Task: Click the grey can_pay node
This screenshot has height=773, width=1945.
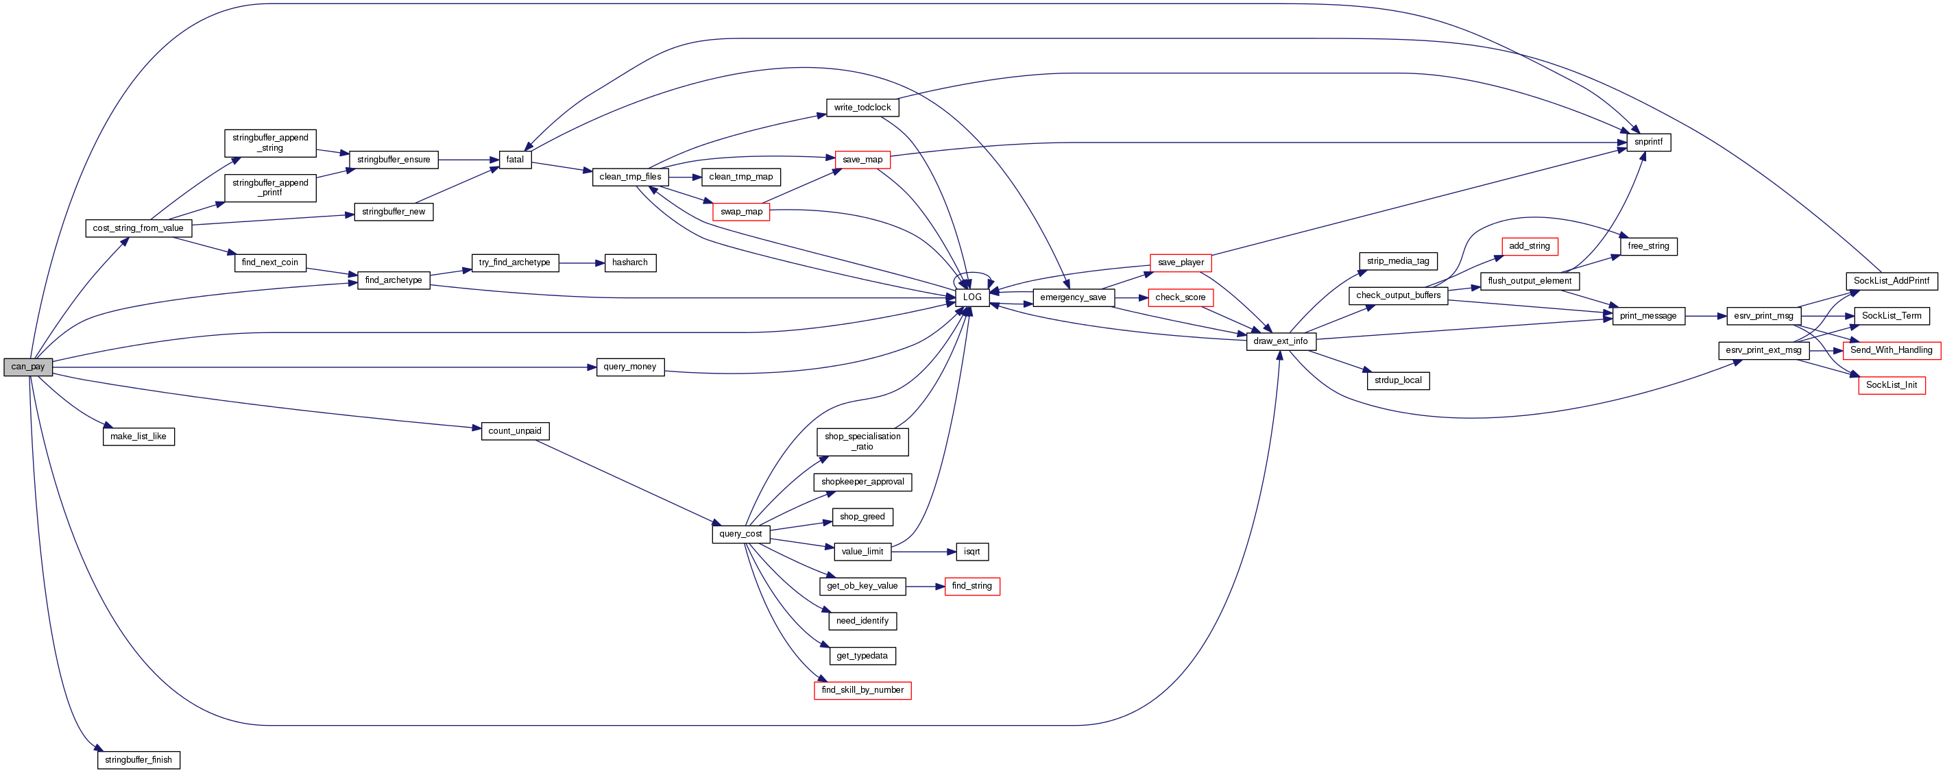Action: [x=28, y=367]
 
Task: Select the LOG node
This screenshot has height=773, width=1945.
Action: [x=971, y=297]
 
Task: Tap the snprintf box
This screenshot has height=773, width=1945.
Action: [x=1648, y=142]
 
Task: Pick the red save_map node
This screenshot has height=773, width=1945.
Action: [x=862, y=160]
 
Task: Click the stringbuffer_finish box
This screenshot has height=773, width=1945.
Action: [x=138, y=760]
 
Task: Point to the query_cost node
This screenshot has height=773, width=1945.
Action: [x=740, y=534]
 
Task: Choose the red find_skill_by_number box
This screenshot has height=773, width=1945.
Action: [x=862, y=690]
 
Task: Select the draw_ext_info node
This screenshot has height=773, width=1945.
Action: [x=1281, y=341]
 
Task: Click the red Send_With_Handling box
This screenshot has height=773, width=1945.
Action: [x=1891, y=350]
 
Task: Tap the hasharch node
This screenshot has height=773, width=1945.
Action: [x=630, y=262]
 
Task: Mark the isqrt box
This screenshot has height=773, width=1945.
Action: [x=971, y=552]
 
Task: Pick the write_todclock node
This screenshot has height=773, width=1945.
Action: [x=862, y=108]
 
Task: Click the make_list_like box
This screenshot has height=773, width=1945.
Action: [x=138, y=437]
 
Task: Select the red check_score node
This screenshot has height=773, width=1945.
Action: [x=1180, y=297]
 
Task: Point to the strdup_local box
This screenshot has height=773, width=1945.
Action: [x=1398, y=380]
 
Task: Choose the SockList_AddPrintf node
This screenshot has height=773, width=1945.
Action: [x=1891, y=281]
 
